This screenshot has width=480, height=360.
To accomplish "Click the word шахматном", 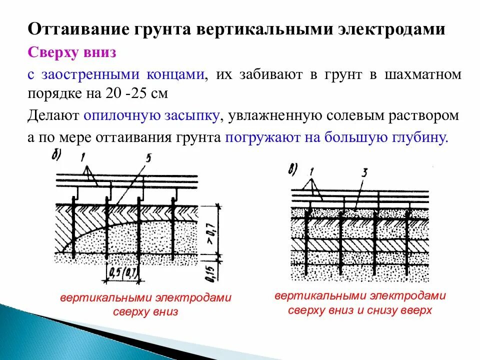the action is [422, 75].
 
